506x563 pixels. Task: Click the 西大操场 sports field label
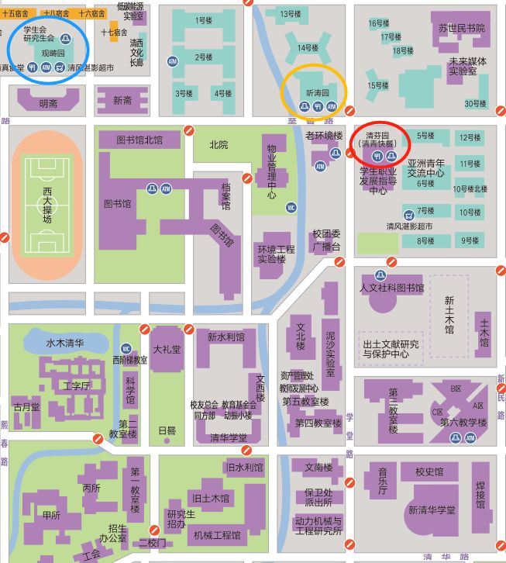47,204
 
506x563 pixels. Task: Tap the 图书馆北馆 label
139,140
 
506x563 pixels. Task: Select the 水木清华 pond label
65,342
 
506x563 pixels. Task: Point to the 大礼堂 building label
167,350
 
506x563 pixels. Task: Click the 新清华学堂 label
432,509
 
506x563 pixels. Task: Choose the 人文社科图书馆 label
392,288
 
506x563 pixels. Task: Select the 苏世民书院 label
461,28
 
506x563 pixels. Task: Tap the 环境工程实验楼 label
277,254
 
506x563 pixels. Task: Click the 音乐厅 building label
381,485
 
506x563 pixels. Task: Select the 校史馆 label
429,471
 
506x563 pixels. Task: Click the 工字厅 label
77,385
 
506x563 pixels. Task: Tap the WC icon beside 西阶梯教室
126,348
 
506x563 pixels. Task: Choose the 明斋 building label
48,103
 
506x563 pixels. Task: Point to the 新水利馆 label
225,337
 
